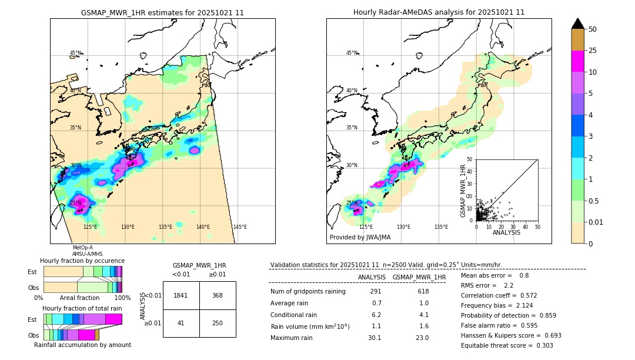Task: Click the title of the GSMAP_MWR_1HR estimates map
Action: [162, 12]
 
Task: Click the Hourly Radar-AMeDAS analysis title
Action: [439, 12]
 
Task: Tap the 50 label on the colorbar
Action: [593, 29]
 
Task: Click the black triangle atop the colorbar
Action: [578, 24]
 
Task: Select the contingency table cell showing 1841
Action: [181, 295]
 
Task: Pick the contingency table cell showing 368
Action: [218, 295]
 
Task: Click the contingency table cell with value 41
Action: [181, 323]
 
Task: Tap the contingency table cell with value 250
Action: [218, 323]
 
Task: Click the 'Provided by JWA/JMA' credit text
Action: [360, 238]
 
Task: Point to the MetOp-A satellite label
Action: [82, 248]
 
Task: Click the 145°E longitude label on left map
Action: [240, 227]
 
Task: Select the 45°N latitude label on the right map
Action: [352, 53]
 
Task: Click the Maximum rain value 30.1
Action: [375, 338]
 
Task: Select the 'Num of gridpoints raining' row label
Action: [308, 292]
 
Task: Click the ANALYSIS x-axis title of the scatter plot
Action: [506, 233]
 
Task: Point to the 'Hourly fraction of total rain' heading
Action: [82, 309]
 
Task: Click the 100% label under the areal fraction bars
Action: [122, 298]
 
